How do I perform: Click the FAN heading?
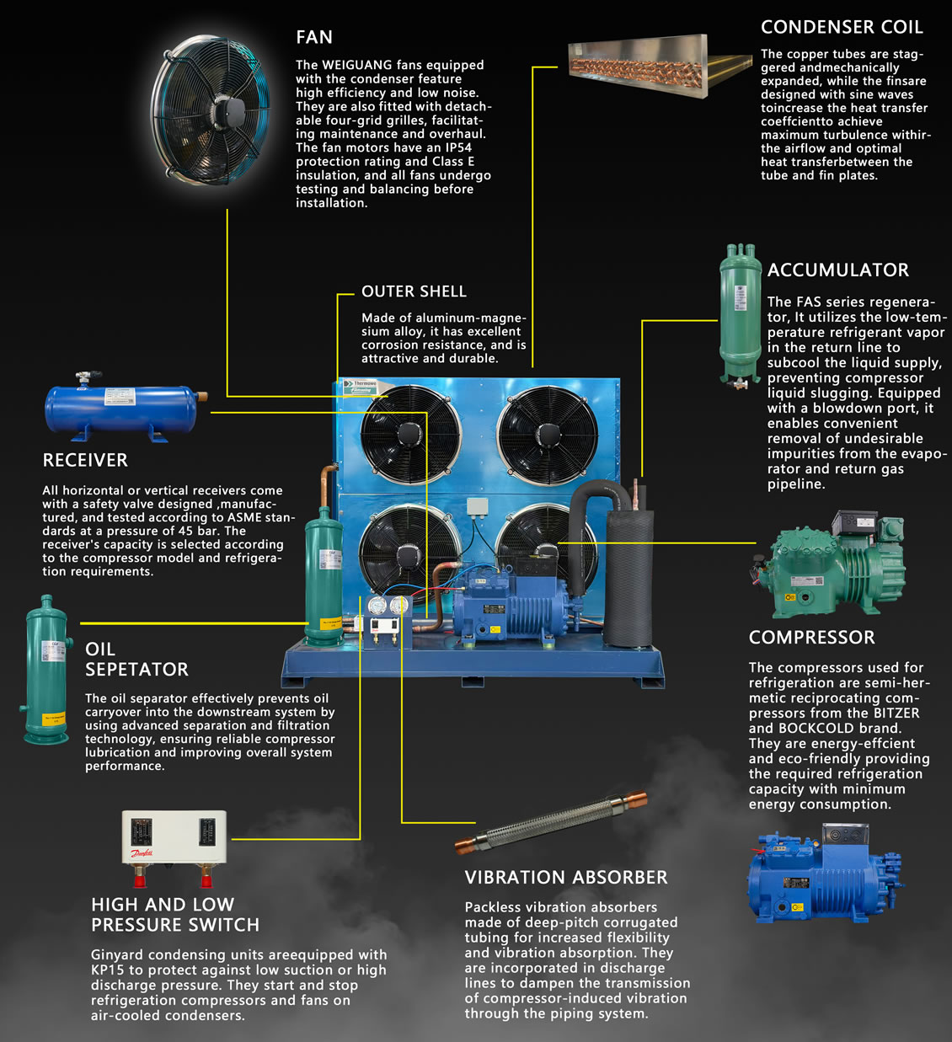(x=314, y=37)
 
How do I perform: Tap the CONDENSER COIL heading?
(x=841, y=27)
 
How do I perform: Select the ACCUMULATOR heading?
(x=837, y=270)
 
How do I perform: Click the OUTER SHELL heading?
(x=414, y=291)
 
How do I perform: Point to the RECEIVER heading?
(x=85, y=461)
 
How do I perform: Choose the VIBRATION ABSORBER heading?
(x=566, y=878)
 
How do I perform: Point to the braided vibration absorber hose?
(x=552, y=821)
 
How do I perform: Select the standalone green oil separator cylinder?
(x=45, y=669)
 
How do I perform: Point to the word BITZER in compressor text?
(x=896, y=713)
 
